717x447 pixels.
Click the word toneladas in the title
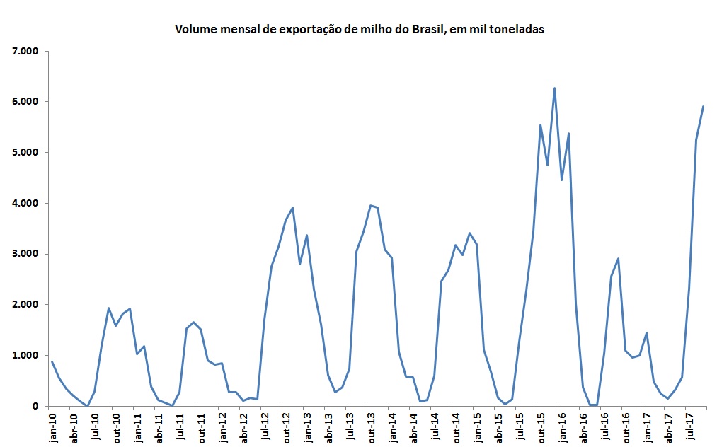click(512, 30)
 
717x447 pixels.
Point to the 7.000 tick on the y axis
click(25, 51)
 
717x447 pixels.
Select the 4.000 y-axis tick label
click(25, 203)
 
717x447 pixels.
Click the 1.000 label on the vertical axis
click(25, 356)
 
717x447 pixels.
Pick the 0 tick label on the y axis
click(34, 407)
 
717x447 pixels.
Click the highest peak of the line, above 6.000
click(554, 88)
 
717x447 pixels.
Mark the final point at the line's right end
click(703, 107)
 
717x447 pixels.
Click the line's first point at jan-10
click(52, 362)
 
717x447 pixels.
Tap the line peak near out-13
click(370, 205)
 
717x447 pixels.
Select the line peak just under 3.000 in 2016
click(618, 259)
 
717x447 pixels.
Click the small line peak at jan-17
click(646, 333)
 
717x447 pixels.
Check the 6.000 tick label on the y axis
click(25, 102)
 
